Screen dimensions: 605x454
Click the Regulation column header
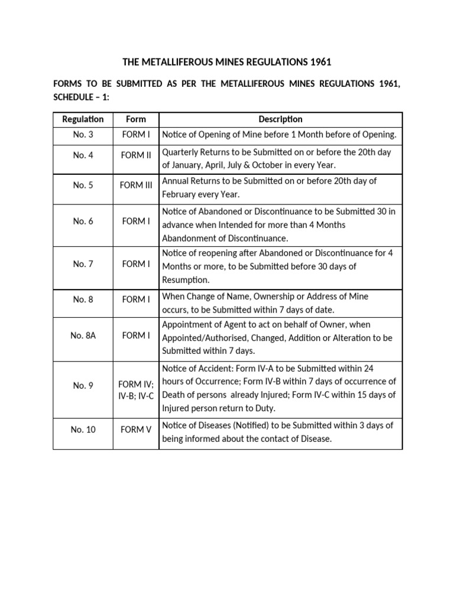coord(83,119)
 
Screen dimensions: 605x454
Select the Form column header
coord(136,119)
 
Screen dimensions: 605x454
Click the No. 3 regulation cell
coord(83,135)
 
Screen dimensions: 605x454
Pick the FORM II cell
coord(136,156)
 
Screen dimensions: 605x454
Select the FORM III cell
coord(136,185)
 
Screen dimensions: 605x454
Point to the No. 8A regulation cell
coord(83,336)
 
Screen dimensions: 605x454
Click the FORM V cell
coord(136,430)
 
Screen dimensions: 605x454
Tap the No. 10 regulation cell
coord(83,430)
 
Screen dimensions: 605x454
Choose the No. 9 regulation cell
coord(83,386)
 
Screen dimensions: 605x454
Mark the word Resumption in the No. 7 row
coord(186,280)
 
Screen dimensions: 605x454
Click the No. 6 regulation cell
coord(83,221)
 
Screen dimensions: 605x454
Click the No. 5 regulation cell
coord(83,185)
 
